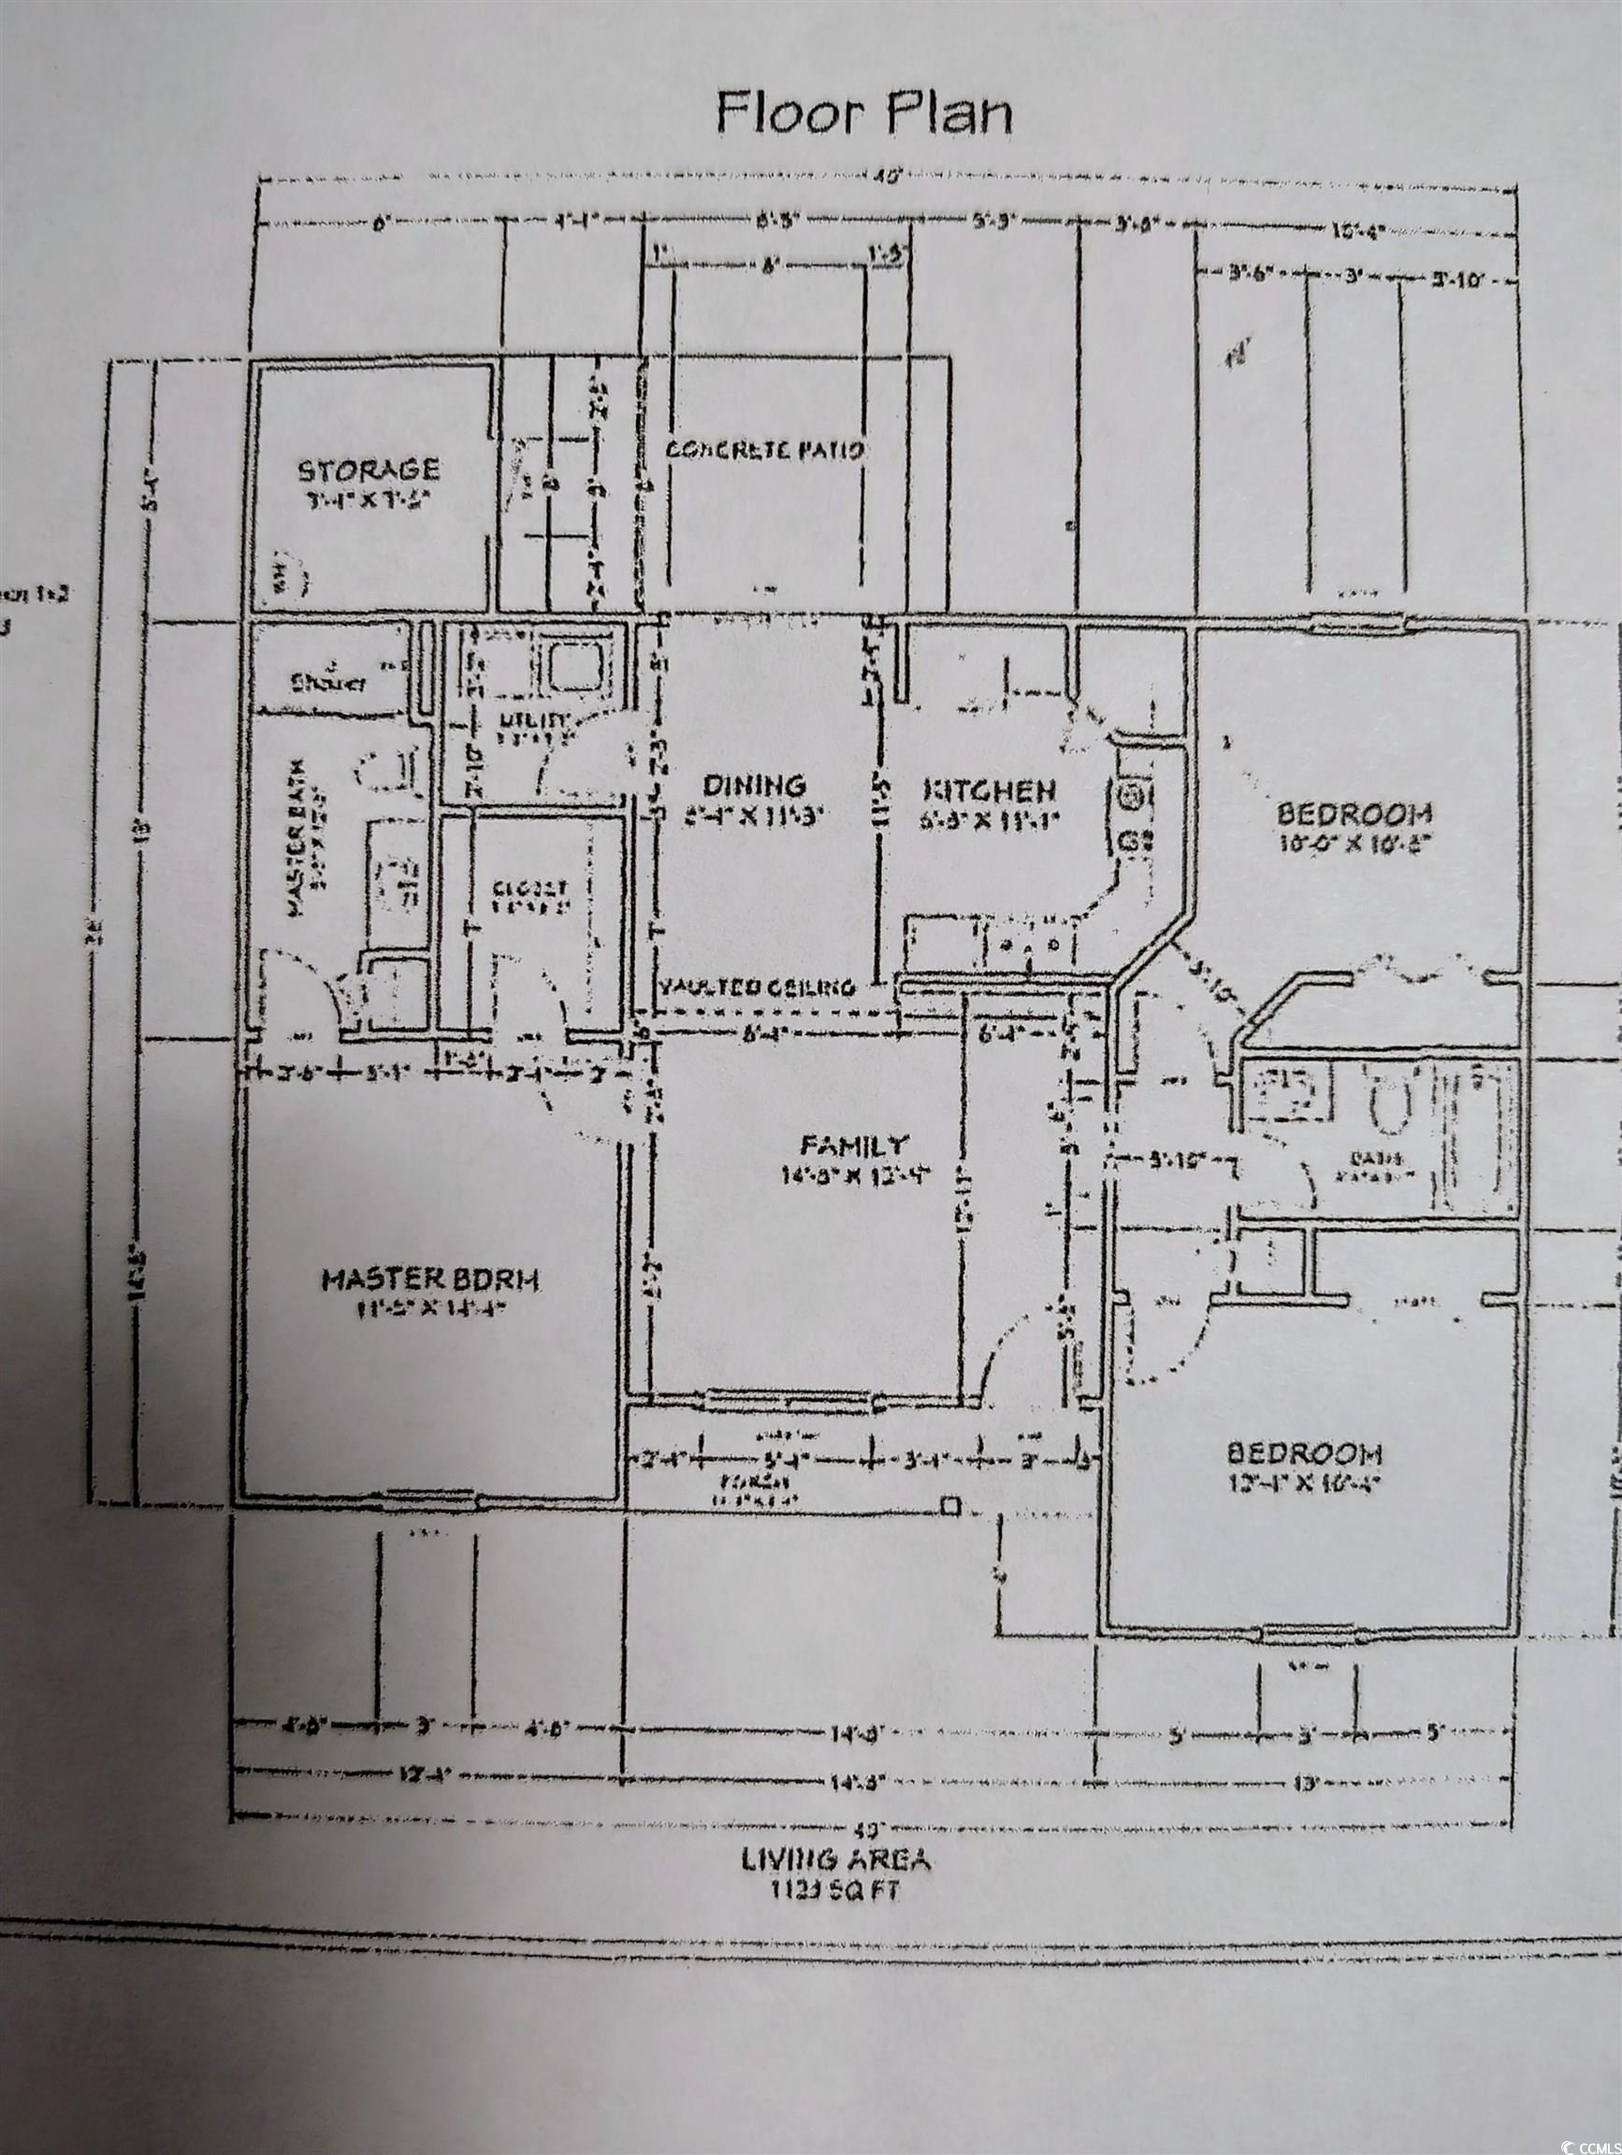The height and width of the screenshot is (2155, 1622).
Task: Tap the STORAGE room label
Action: (369, 470)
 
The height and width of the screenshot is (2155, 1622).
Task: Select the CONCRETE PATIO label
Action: (766, 450)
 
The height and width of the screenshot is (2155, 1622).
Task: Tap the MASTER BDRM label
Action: (429, 1280)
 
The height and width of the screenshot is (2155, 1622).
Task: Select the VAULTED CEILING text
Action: (757, 987)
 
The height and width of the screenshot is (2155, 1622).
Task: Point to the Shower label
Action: (328, 683)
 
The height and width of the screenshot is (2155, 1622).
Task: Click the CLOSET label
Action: (530, 889)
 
